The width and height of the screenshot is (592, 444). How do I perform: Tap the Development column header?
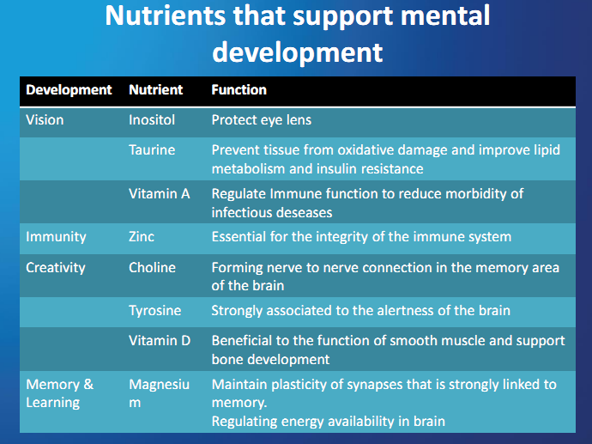(x=69, y=89)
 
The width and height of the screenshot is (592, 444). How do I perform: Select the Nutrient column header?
(x=155, y=89)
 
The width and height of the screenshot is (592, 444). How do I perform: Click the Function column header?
(x=239, y=89)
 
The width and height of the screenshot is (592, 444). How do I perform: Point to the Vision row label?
(x=45, y=119)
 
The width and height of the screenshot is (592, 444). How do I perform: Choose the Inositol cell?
(x=152, y=119)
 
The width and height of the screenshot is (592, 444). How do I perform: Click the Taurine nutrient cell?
(x=152, y=150)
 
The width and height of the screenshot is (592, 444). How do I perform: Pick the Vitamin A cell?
(x=159, y=193)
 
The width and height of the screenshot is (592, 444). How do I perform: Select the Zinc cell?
(x=142, y=236)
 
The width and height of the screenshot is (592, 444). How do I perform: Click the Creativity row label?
(x=56, y=267)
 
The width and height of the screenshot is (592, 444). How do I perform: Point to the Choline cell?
(x=153, y=267)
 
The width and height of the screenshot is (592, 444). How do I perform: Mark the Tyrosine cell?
(x=155, y=310)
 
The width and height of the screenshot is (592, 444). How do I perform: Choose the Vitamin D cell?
(x=159, y=341)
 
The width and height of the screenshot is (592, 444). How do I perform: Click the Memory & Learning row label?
(x=59, y=392)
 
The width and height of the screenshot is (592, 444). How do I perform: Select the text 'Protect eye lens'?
(x=261, y=119)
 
